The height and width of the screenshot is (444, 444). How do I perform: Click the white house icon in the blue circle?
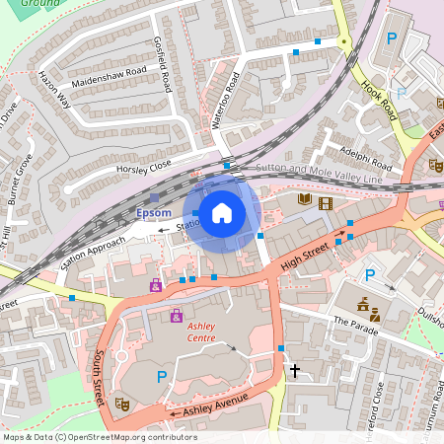222,212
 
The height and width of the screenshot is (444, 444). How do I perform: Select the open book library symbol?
304,201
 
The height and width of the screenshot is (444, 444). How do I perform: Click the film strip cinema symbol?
326,202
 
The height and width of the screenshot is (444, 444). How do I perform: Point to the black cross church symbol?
294,371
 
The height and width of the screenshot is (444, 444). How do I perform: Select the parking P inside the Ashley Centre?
162,376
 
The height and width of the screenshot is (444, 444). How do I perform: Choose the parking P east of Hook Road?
392,39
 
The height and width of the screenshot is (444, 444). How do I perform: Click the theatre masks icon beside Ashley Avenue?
122,403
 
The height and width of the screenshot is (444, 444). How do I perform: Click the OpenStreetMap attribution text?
99,437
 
